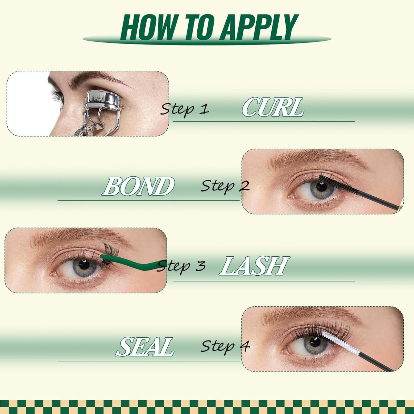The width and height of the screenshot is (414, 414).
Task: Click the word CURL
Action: [273, 107]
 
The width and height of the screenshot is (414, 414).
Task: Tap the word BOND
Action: [138, 186]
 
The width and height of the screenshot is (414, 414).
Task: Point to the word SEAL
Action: [145, 346]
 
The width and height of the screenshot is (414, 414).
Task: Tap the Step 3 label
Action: [181, 266]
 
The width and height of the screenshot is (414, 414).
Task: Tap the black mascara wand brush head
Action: [338, 184]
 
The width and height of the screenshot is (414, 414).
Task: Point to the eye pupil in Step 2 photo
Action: [322, 187]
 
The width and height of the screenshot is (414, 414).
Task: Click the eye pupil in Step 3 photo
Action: [84, 265]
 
